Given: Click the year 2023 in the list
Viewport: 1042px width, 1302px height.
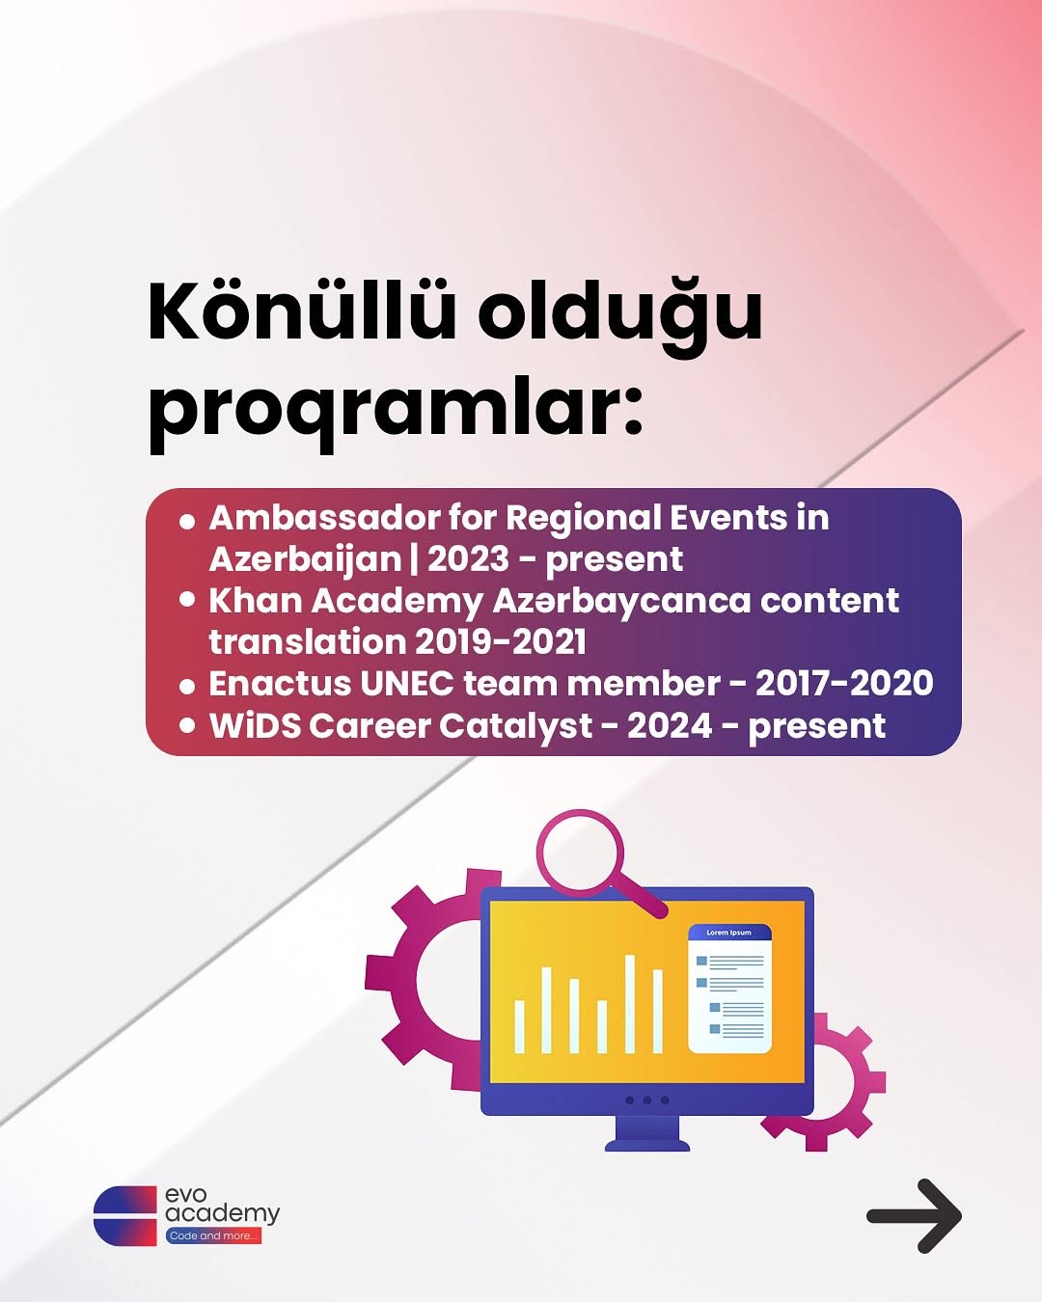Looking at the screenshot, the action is coord(468,559).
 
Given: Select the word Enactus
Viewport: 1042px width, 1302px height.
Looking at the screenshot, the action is coord(279,683).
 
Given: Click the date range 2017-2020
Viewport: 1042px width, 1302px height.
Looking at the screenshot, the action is coord(844,683).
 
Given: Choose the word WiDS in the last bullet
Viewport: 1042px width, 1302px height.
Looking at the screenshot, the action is coord(255,725).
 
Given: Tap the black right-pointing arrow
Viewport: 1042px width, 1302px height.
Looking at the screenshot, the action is coord(914,1215).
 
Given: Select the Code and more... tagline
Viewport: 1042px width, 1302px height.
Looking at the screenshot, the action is coord(214,1236).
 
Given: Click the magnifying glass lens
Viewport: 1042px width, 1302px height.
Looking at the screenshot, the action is coord(580,854).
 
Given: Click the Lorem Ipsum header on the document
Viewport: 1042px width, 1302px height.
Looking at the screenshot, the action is coord(729,933).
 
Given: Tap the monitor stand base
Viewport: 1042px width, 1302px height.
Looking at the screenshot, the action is coord(647,1144).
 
